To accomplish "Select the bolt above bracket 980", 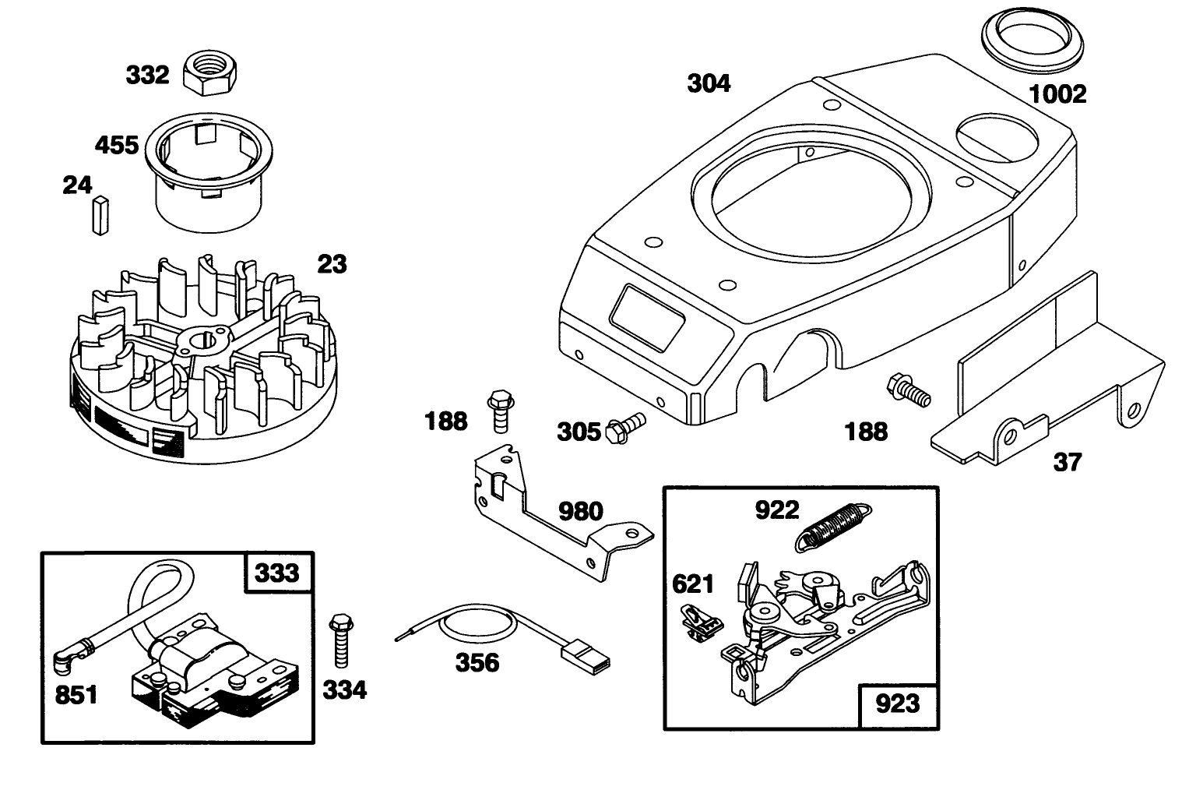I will [x=498, y=410].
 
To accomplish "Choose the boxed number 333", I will [x=278, y=573].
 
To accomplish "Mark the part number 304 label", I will [x=709, y=83].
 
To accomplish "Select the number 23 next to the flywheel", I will [x=332, y=264].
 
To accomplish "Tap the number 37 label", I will [x=1068, y=462].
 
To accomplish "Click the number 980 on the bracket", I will [x=581, y=511].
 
